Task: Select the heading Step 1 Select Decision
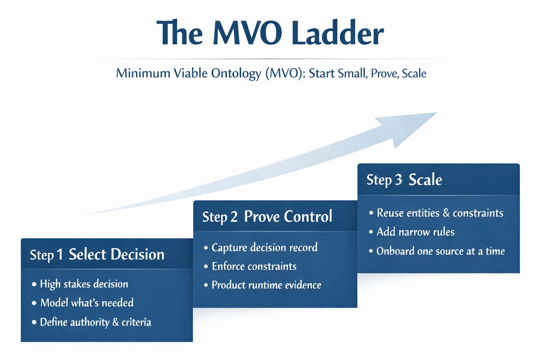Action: tap(97, 254)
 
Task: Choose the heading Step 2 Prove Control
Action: tap(267, 217)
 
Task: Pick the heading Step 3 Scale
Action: tap(404, 180)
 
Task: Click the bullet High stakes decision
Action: tap(84, 284)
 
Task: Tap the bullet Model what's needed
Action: tap(87, 303)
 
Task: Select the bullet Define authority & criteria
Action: tap(95, 322)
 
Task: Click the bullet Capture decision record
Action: tap(264, 248)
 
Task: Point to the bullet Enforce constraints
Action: tap(254, 266)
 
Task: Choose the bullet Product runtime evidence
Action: tap(266, 285)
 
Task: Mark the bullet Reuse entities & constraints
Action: tap(440, 213)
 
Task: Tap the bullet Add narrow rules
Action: tap(415, 232)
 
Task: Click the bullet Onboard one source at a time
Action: tap(440, 251)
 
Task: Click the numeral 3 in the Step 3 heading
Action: tap(398, 180)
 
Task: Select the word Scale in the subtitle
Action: tap(414, 73)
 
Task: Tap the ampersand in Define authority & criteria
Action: tap(115, 322)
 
